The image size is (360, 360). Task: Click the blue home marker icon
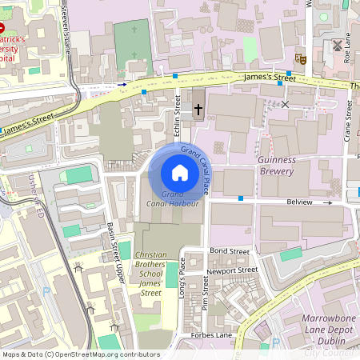pos(179,173)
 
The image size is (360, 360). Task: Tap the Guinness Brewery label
pos(277,165)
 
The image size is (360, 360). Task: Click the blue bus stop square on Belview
pos(240,198)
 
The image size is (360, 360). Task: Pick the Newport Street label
pos(233,270)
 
